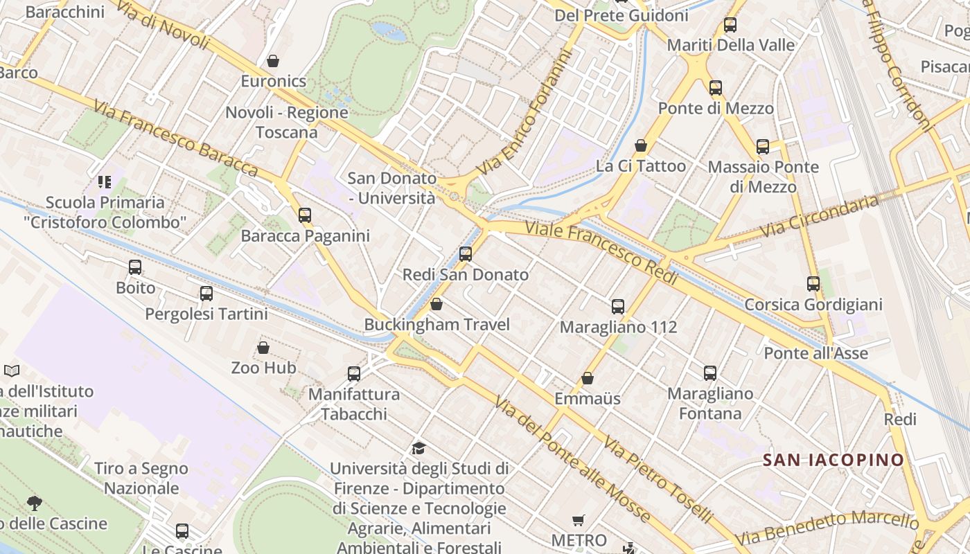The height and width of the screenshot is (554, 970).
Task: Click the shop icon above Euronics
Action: pos(273,61)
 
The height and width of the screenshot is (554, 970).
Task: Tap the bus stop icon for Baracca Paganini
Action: pos(305,215)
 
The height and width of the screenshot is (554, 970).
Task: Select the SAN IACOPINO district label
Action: pos(834,460)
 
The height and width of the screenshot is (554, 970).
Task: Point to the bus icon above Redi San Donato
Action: pos(466,253)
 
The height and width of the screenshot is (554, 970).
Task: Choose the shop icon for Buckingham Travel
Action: pos(436,304)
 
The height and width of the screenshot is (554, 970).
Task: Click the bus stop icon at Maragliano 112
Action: pos(618,306)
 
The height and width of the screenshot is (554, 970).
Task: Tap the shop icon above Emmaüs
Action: pos(588,378)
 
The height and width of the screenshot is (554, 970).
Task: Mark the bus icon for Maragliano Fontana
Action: pos(710,373)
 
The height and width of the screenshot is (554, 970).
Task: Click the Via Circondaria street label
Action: pos(819,216)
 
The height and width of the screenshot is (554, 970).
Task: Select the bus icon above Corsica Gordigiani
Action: pos(813,283)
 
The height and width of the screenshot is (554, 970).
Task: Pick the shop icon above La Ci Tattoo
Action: pos(641,145)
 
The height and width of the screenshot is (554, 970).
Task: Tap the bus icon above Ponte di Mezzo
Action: pos(716,88)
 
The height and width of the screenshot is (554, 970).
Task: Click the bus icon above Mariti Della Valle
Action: pos(730,25)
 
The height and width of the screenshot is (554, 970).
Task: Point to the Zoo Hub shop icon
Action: pos(263,347)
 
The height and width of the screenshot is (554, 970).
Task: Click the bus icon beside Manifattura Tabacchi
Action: pos(354,373)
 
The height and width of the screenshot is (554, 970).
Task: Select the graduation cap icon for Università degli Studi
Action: pos(418,448)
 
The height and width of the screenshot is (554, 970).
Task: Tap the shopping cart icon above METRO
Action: pos(579,520)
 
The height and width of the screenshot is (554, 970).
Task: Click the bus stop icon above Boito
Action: pos(135,267)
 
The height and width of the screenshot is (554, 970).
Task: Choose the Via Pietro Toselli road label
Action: pos(658,479)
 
